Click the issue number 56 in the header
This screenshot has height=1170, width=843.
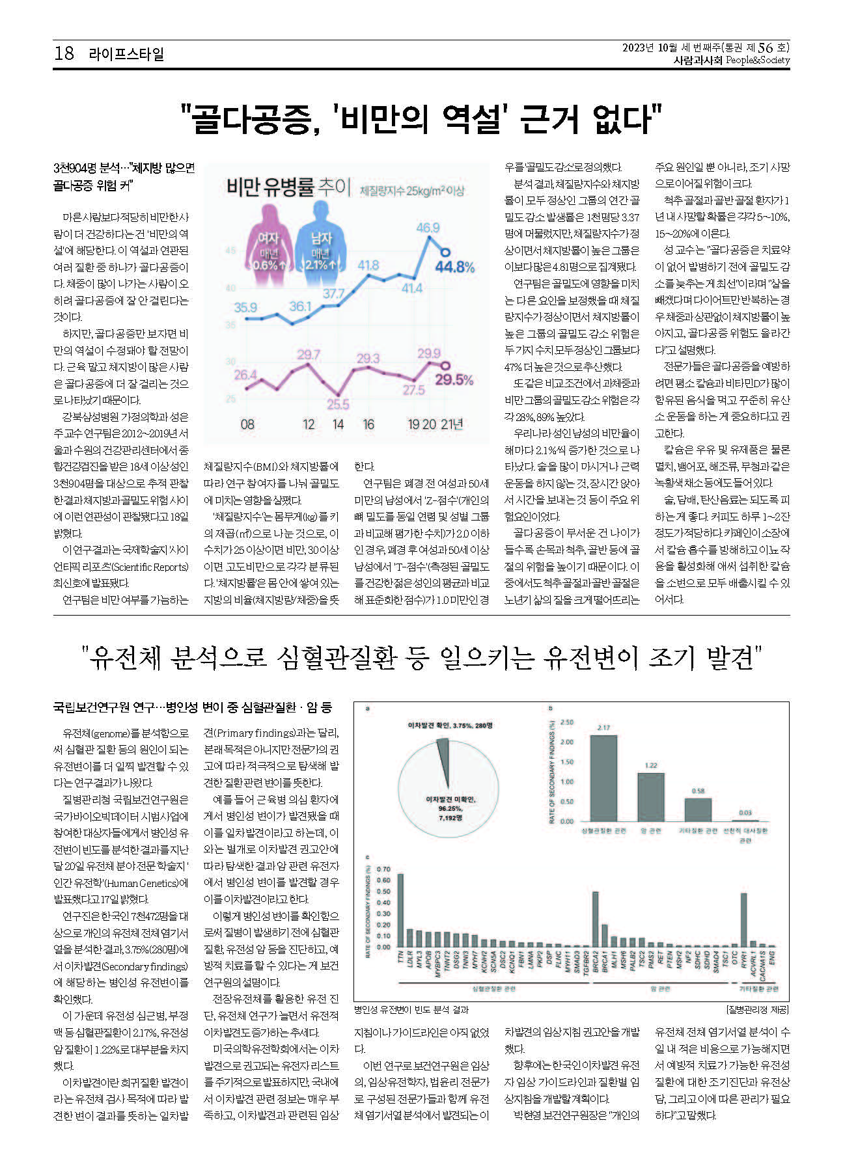click(766, 48)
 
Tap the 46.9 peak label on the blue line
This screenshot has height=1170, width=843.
click(428, 228)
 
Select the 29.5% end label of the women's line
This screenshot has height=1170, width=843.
click(454, 379)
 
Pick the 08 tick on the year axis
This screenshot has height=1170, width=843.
click(247, 424)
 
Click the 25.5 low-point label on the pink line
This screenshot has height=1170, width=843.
click(337, 404)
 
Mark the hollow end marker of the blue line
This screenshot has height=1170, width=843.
click(445, 252)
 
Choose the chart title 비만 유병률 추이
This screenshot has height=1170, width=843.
click(288, 188)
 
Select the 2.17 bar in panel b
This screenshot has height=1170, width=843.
click(603, 778)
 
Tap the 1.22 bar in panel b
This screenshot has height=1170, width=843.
click(651, 796)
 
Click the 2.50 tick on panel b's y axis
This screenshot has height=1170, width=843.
click(566, 722)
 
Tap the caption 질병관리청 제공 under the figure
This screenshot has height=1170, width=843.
click(757, 1009)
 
